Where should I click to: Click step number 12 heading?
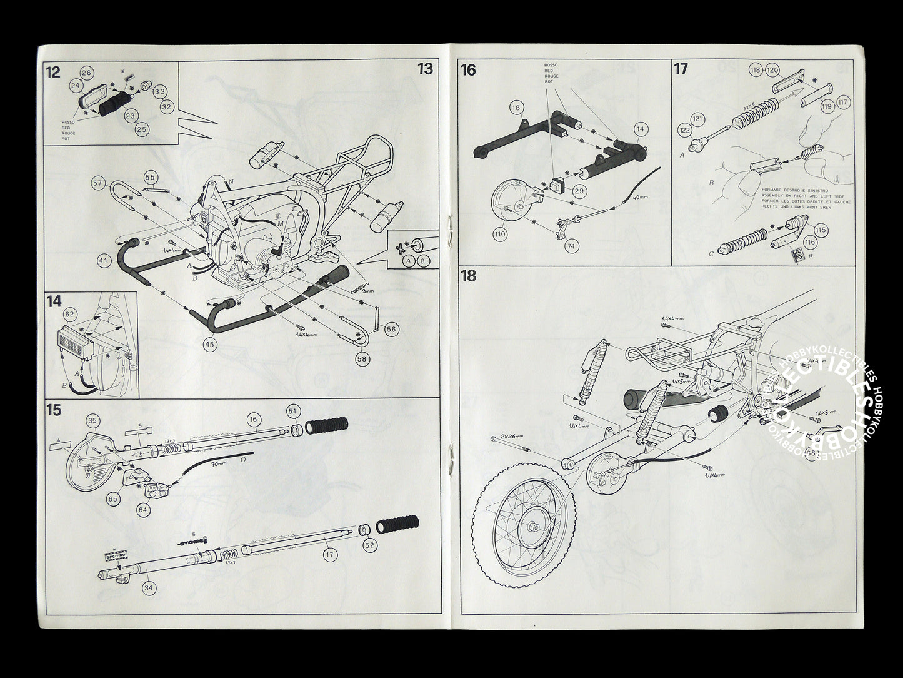(x=52, y=72)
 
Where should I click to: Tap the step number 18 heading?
(x=469, y=276)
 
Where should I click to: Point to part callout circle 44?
(x=104, y=258)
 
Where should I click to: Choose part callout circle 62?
(x=69, y=315)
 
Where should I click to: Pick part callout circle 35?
(x=92, y=420)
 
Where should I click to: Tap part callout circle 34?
(x=148, y=587)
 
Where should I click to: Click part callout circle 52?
(x=369, y=545)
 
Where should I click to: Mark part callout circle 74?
(x=570, y=246)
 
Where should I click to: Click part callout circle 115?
(x=821, y=230)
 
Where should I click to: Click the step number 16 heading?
(x=468, y=69)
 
